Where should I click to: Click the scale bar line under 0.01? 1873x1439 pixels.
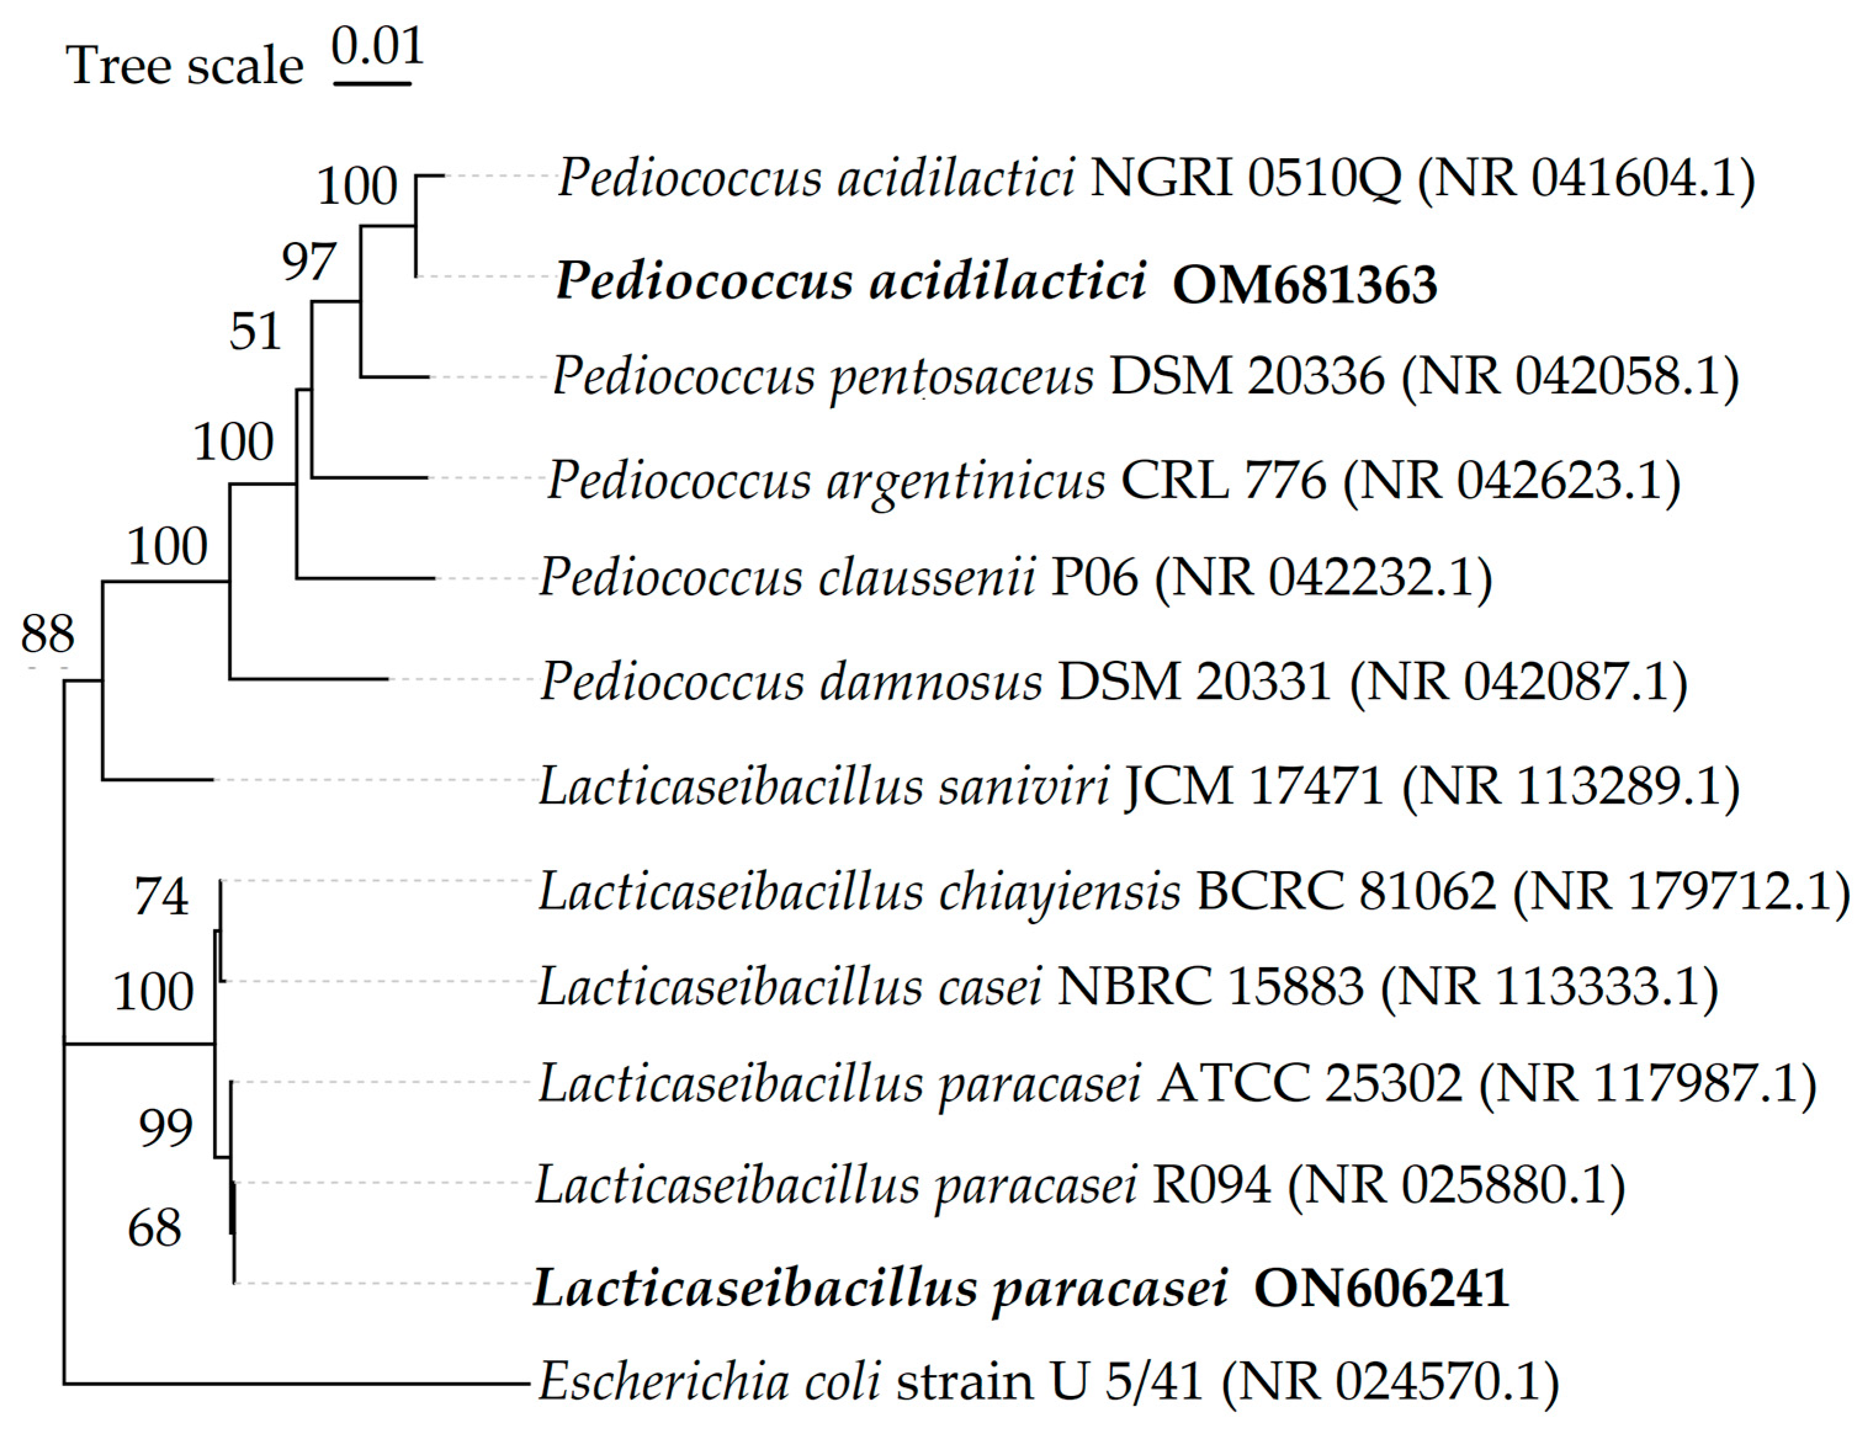(372, 83)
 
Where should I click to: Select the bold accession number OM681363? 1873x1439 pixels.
(1304, 284)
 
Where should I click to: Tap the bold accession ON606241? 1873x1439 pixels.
(1380, 1288)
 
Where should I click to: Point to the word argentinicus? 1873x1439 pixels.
(966, 480)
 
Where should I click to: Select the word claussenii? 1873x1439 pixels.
(927, 578)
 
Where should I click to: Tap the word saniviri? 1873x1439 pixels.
(1024, 786)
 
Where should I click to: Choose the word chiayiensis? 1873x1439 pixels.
(1060, 892)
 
